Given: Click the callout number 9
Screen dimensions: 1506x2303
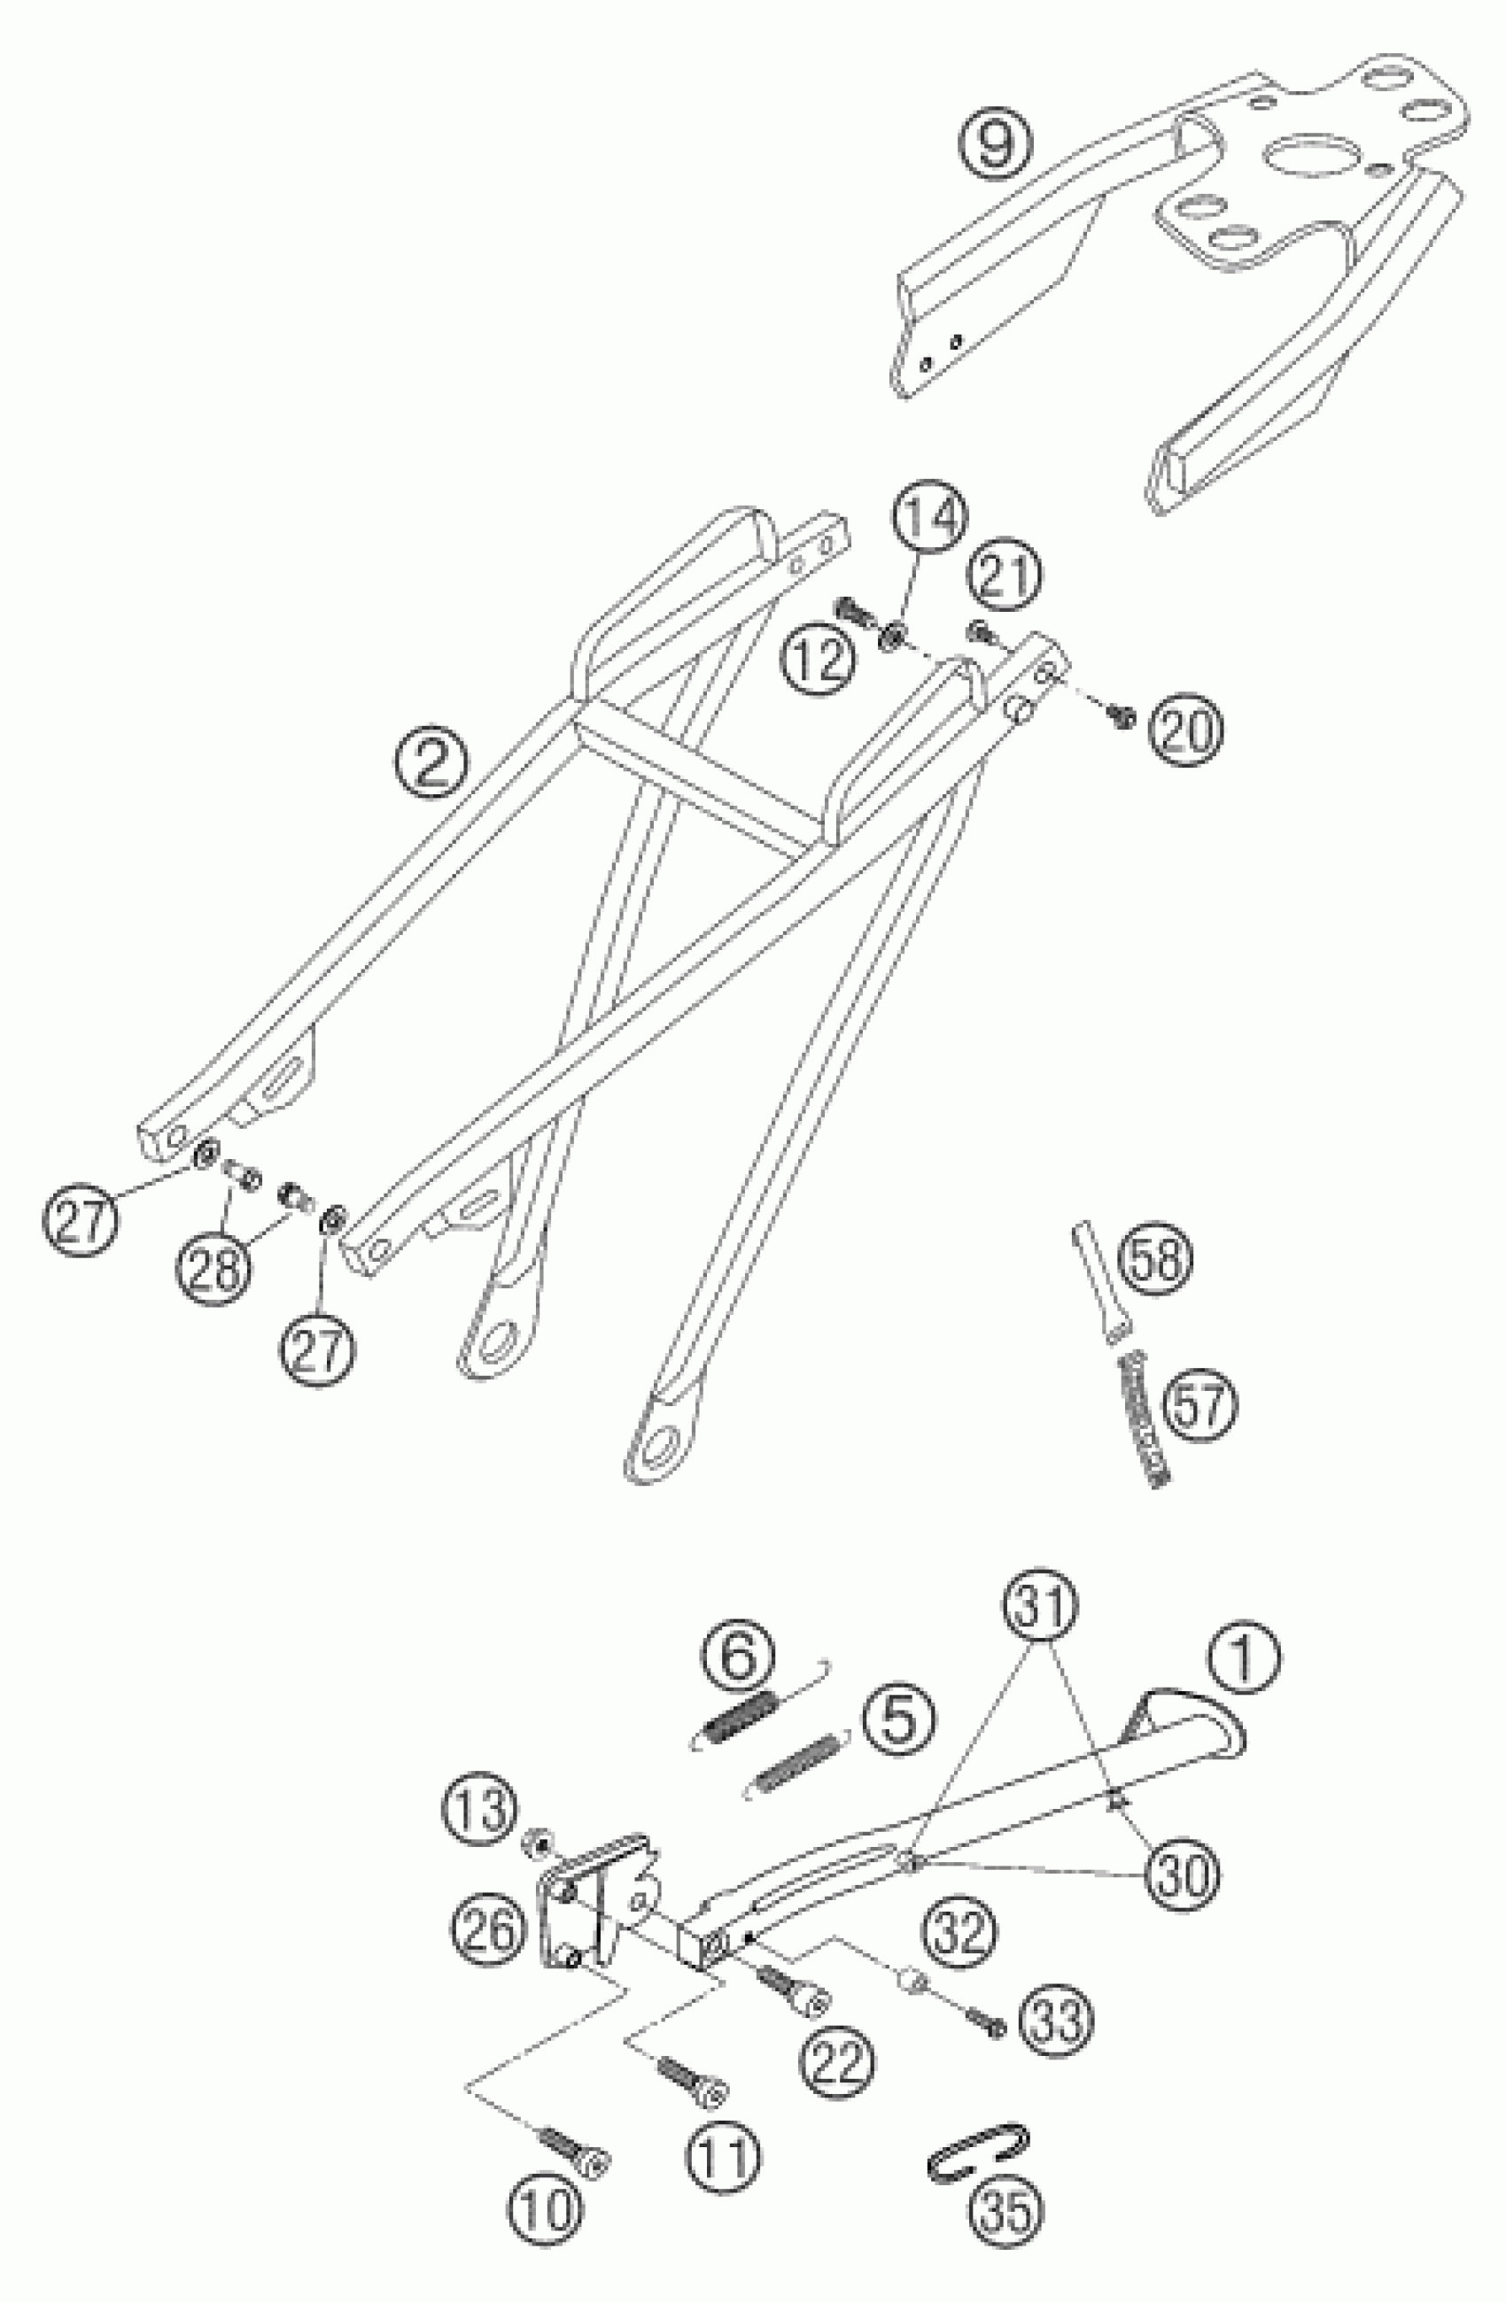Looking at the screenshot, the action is [995, 143].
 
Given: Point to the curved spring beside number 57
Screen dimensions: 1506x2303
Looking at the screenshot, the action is [1145, 1422].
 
